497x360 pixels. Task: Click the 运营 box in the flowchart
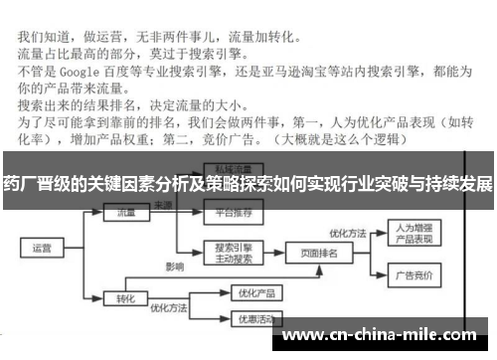pyautogui.click(x=42, y=247)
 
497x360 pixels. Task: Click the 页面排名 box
pyautogui.click(x=318, y=254)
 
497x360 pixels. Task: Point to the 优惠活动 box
pyautogui.click(x=240, y=319)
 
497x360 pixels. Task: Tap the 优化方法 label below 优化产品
pyautogui.click(x=169, y=308)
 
